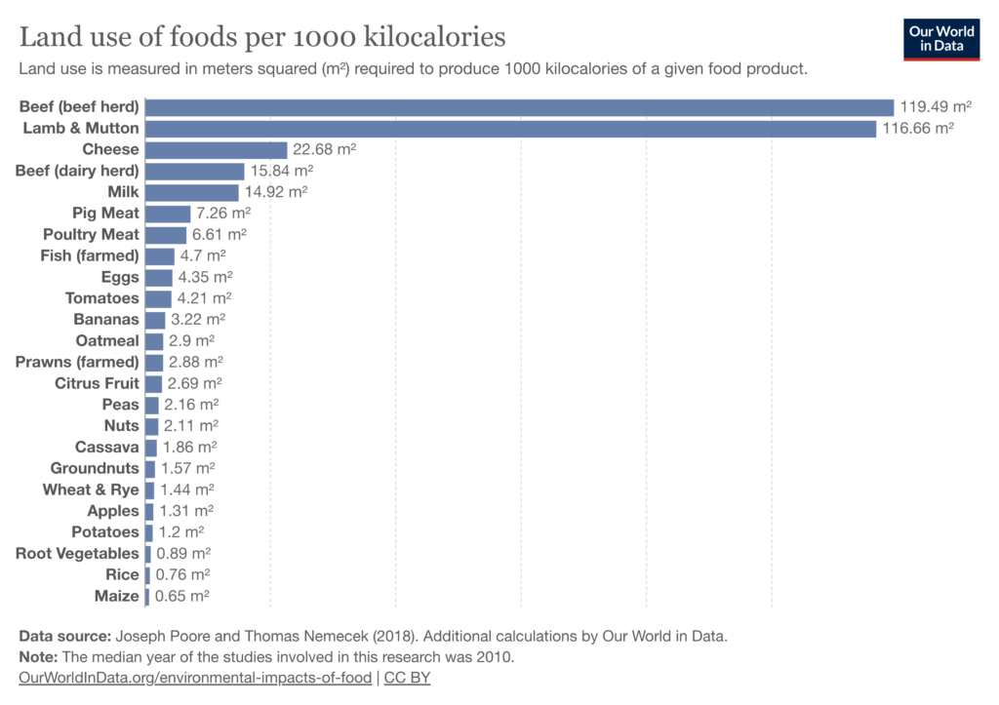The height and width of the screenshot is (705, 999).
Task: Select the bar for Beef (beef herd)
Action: point(519,107)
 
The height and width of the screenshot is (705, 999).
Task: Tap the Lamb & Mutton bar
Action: point(510,129)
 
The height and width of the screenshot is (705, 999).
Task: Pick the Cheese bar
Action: point(216,149)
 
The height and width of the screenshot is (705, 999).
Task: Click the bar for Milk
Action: point(191,192)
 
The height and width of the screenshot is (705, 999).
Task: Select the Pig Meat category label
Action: point(105,213)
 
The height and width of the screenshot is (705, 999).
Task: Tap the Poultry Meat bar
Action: point(165,234)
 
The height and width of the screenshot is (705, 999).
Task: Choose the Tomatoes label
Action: point(102,298)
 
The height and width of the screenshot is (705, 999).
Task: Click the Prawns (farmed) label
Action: point(77,362)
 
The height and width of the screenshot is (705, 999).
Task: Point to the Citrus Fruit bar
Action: point(153,383)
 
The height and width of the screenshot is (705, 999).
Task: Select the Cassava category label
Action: point(107,448)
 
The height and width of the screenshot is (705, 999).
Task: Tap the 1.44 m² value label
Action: point(186,490)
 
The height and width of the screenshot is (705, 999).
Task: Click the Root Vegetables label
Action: point(77,554)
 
